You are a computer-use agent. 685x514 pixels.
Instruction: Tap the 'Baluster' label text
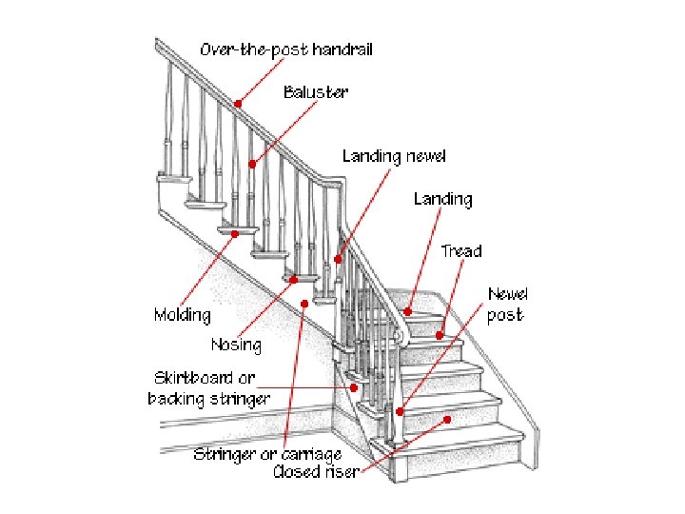tap(316, 92)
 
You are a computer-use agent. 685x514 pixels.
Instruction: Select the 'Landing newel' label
tap(394, 155)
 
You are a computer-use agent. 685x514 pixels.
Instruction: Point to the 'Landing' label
tap(442, 199)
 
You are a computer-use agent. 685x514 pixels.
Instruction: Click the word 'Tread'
tap(461, 251)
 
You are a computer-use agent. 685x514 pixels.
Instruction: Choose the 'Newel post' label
tap(508, 305)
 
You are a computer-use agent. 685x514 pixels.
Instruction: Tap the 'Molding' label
tap(183, 314)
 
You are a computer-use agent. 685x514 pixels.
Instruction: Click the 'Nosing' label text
tap(236, 343)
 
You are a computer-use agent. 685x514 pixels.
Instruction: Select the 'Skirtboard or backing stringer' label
tap(209, 388)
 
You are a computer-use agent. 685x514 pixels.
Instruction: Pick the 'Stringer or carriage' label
tap(267, 454)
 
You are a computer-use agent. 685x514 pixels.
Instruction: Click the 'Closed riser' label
tap(316, 472)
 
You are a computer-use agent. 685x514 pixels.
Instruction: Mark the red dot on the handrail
tap(239, 104)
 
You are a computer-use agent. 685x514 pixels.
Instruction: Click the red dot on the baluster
tap(252, 164)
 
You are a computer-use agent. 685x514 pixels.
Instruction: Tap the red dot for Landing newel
tap(338, 258)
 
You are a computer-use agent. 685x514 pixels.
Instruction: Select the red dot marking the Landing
tap(407, 310)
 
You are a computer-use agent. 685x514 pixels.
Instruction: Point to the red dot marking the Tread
tap(440, 335)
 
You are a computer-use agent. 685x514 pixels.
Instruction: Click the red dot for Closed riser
tap(447, 418)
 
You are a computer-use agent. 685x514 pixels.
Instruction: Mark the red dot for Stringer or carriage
tap(304, 304)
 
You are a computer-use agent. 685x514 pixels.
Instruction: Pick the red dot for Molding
tap(234, 231)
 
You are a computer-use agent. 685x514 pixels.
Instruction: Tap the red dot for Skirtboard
tap(354, 387)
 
